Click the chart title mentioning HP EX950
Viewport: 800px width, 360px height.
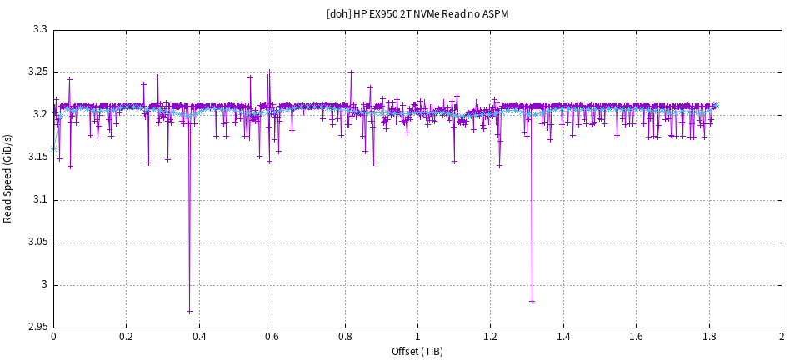[417, 14]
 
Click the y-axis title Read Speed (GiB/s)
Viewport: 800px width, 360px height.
[8, 179]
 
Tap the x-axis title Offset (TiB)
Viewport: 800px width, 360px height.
[417, 351]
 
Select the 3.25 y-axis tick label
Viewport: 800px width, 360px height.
[37, 72]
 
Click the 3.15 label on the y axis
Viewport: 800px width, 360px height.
[37, 157]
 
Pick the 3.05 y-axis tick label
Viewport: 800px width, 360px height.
[37, 242]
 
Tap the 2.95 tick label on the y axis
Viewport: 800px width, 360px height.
[37, 327]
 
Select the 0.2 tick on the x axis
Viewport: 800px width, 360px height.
[126, 337]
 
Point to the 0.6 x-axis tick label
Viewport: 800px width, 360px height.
[272, 337]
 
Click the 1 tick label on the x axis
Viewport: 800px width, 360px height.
[417, 337]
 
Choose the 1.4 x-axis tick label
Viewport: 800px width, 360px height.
[563, 337]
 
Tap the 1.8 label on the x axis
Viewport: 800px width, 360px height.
[709, 337]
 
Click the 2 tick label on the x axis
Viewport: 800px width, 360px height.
[782, 337]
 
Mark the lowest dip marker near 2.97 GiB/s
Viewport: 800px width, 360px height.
[189, 312]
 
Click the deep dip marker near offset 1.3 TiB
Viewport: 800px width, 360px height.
[532, 301]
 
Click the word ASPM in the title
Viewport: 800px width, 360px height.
[494, 14]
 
